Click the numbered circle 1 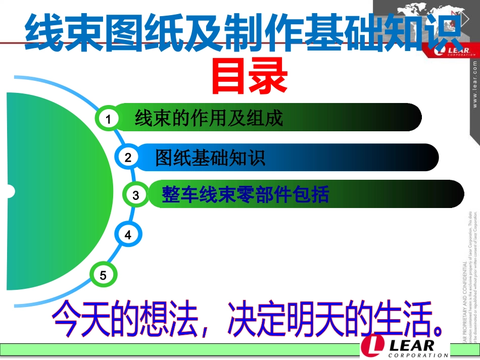click(108, 119)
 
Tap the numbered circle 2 click(128, 158)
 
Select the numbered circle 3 click(136, 195)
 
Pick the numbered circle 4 click(128, 235)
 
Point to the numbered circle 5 click(104, 275)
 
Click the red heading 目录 click(249, 77)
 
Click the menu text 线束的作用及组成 click(209, 119)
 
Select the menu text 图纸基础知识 click(210, 158)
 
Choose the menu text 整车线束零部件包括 click(245, 195)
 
